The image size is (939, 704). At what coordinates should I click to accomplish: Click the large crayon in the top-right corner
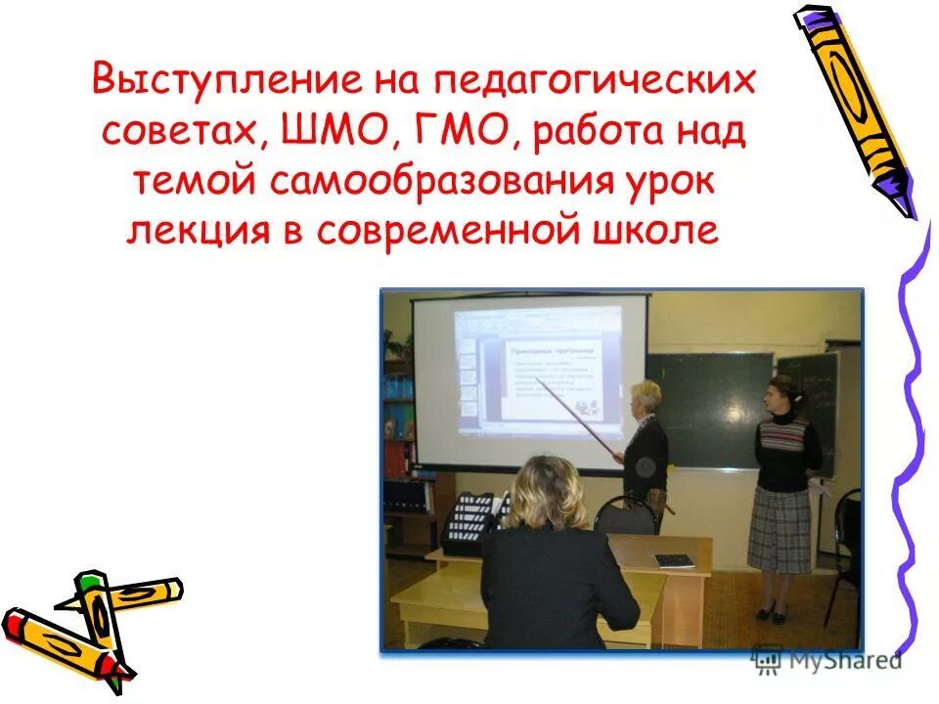pos(853,108)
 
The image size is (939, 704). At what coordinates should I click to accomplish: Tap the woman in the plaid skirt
pos(782,489)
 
